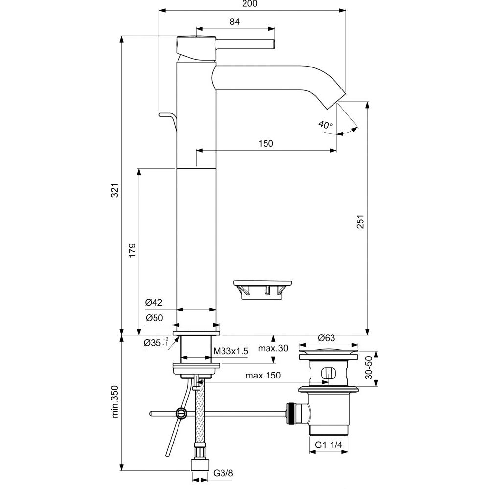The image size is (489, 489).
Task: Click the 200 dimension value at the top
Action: (x=251, y=4)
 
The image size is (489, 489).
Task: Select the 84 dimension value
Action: (x=234, y=22)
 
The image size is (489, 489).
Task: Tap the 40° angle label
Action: (x=325, y=125)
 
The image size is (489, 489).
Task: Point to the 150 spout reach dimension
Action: (x=266, y=143)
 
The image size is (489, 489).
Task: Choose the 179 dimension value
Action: (x=132, y=250)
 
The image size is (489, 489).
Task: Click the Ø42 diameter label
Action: (x=154, y=303)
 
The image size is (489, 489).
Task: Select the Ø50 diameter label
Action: (x=154, y=318)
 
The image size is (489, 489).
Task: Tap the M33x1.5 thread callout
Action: (x=231, y=351)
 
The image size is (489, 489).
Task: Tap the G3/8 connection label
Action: (x=223, y=474)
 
